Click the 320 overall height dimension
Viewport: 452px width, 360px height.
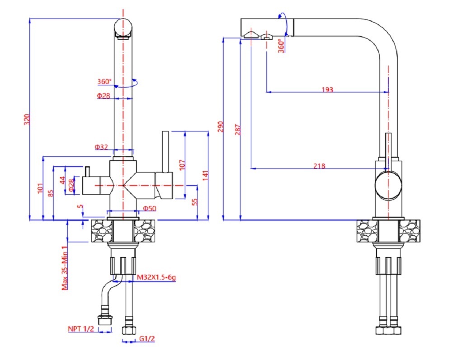(27, 120)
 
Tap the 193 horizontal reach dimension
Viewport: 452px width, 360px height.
(327, 89)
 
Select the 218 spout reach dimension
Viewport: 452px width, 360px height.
(320, 166)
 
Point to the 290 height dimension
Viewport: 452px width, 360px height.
(221, 126)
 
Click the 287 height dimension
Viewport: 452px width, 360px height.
(238, 129)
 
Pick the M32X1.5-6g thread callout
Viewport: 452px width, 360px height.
(156, 277)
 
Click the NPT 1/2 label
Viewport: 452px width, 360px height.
(81, 329)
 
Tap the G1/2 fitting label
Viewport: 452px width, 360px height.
(147, 338)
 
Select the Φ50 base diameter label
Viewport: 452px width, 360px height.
(150, 208)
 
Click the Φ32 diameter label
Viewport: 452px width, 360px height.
(101, 147)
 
